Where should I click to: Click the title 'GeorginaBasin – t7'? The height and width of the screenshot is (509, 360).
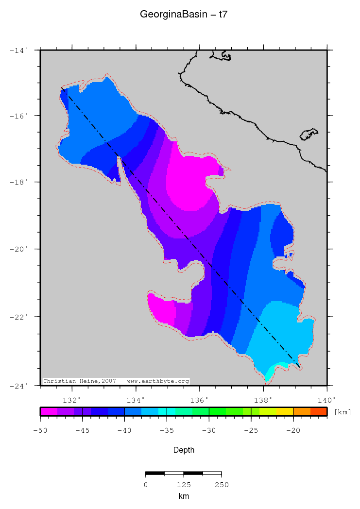tap(184, 15)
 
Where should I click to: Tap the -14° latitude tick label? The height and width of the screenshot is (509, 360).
tap(21, 50)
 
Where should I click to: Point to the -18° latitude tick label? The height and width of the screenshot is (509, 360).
tap(21, 182)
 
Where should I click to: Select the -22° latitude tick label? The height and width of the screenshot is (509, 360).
tap(21, 317)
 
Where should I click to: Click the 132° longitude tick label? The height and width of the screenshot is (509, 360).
tap(72, 400)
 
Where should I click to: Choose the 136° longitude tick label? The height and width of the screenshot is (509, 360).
tap(200, 400)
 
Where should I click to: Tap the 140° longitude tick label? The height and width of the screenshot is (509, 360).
tap(327, 400)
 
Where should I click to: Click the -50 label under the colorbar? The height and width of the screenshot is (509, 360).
tap(40, 430)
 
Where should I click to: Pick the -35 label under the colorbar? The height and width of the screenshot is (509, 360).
tap(167, 430)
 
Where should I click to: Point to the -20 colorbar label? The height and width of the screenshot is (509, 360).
tap(293, 430)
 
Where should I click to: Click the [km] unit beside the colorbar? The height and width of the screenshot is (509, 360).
tap(343, 412)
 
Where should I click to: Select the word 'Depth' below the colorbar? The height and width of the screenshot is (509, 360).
tap(184, 450)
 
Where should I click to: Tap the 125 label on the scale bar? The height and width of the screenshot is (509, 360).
tap(183, 485)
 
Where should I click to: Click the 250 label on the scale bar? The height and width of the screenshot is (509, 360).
tap(222, 485)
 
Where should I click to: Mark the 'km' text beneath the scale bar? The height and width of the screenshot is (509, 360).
tap(183, 496)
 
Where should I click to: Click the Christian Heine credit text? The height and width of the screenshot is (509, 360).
tap(116, 381)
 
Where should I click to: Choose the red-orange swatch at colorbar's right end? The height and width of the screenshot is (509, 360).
tap(319, 411)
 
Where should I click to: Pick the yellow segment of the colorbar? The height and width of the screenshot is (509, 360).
tap(285, 411)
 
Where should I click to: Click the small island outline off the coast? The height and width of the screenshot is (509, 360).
tap(309, 134)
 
